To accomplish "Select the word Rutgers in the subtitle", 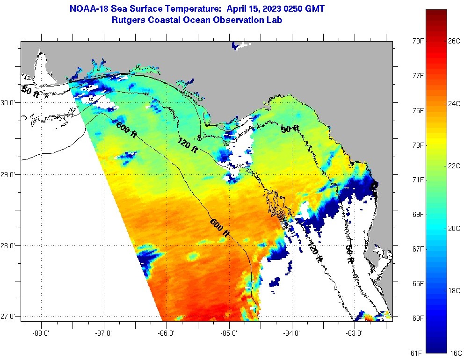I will [x=129, y=20].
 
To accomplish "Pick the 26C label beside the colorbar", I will [x=454, y=41].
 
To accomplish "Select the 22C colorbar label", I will [x=454, y=166].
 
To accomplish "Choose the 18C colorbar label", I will [x=454, y=290].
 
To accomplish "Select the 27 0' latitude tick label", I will [x=9, y=317].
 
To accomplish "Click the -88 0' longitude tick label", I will [x=41, y=333].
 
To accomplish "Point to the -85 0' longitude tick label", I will [x=229, y=333].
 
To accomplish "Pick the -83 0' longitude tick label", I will [x=355, y=333].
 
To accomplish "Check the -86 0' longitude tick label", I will [x=167, y=333].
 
